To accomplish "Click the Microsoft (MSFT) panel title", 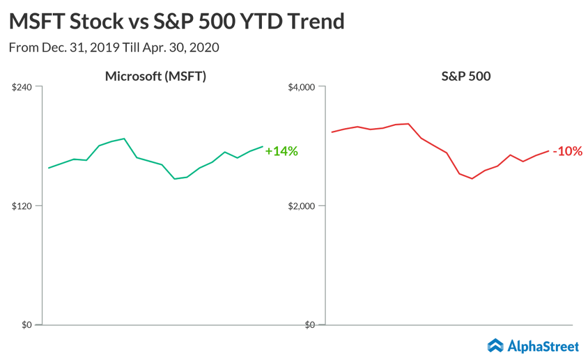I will click(x=155, y=76).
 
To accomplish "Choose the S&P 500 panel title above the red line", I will click(x=438, y=76).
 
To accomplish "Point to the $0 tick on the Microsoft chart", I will click(x=26, y=325).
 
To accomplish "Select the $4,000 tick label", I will click(x=301, y=87).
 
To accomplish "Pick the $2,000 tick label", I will click(x=301, y=206).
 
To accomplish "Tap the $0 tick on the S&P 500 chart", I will click(x=309, y=325).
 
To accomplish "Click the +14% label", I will click(x=281, y=152).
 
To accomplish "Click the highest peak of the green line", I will click(x=124, y=138).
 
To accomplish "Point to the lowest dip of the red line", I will click(x=472, y=179).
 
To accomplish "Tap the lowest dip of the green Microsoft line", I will click(x=175, y=179).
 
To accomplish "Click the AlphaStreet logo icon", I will click(x=495, y=345).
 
